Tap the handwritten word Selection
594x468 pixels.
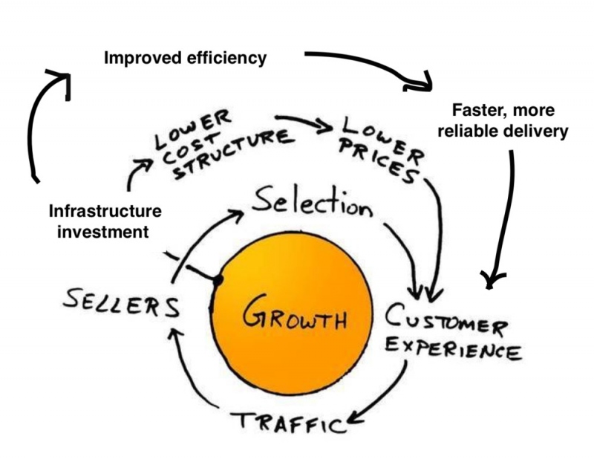311,203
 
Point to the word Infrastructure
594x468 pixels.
103,212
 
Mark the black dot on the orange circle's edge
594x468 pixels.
218,282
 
